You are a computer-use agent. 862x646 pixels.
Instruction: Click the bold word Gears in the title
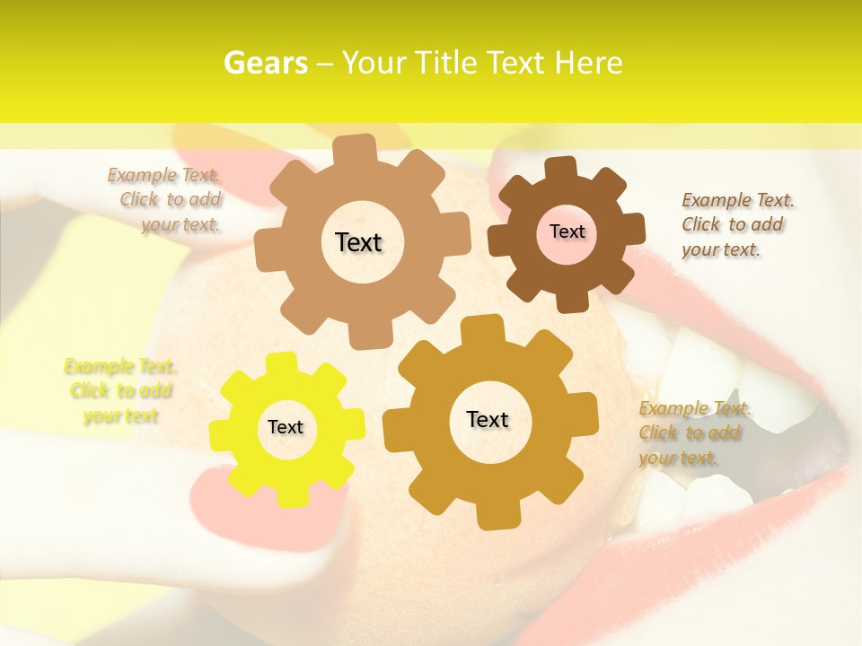266,63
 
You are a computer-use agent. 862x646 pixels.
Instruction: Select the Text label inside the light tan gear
358,242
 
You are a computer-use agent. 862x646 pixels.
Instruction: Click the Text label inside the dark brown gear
567,231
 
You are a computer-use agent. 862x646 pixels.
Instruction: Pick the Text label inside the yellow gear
286,428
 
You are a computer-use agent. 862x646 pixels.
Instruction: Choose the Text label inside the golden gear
488,419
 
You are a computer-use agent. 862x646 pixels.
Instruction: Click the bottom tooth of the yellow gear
288,496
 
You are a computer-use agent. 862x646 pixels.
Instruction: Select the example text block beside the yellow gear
120,391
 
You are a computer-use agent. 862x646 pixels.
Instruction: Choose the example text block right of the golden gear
693,432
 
